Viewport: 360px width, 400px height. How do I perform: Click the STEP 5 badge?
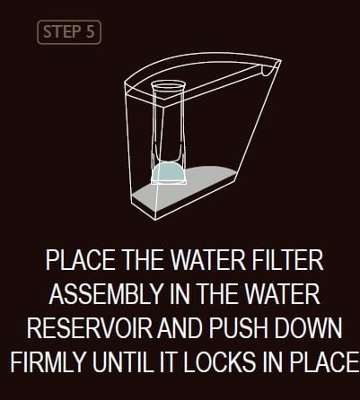(x=69, y=33)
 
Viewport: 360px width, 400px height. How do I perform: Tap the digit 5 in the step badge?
(x=89, y=33)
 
